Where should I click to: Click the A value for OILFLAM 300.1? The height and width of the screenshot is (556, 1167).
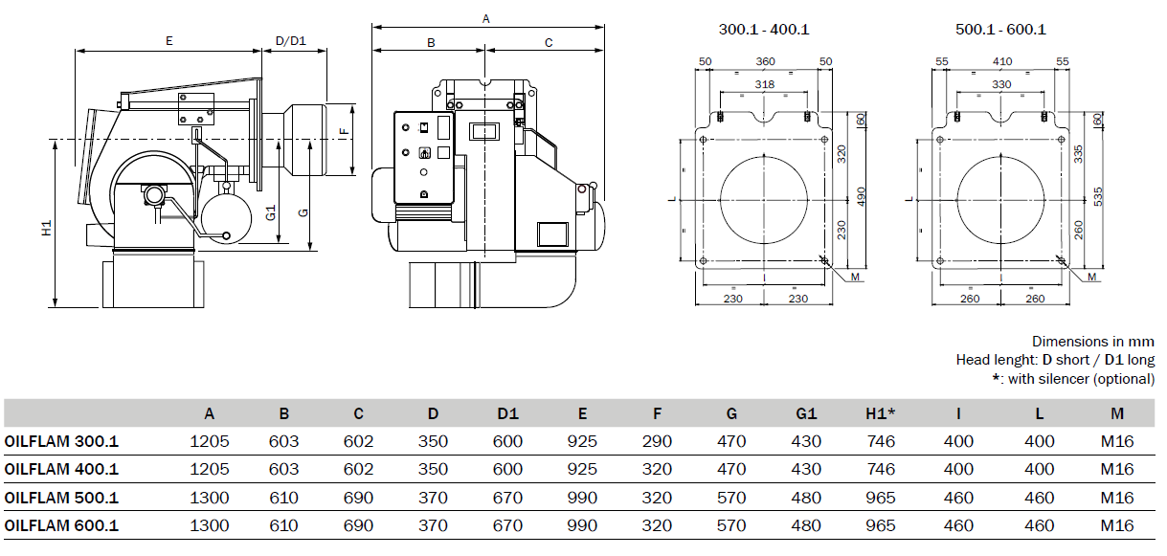pyautogui.click(x=210, y=441)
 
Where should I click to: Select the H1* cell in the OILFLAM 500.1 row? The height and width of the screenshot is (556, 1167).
pyautogui.click(x=881, y=498)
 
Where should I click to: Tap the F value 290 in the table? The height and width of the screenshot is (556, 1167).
pyautogui.click(x=657, y=441)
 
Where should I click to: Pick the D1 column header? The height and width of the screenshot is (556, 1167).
pyautogui.click(x=508, y=413)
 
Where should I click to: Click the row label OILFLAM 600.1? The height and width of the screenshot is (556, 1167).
pyautogui.click(x=61, y=525)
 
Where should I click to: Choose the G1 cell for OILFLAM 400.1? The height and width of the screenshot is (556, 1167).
pyautogui.click(x=806, y=469)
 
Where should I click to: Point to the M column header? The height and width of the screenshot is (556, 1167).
pyautogui.click(x=1117, y=413)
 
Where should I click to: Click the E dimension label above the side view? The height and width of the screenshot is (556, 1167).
pyautogui.click(x=168, y=40)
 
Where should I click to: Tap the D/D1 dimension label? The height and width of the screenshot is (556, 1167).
pyautogui.click(x=291, y=40)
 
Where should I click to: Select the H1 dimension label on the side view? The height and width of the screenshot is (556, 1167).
pyautogui.click(x=47, y=228)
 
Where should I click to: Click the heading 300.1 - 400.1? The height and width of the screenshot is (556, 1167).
pyautogui.click(x=764, y=29)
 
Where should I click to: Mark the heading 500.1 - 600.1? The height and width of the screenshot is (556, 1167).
pyautogui.click(x=1000, y=29)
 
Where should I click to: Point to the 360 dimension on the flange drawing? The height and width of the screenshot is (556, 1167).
pyautogui.click(x=765, y=61)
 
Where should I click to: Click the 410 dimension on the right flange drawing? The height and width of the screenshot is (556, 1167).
pyautogui.click(x=1001, y=61)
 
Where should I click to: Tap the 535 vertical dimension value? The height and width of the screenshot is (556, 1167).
pyautogui.click(x=1098, y=197)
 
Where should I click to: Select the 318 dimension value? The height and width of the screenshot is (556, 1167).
pyautogui.click(x=764, y=84)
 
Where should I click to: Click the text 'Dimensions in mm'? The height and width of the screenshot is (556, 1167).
pyautogui.click(x=1093, y=342)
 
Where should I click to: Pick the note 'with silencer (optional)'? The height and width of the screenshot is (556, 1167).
pyautogui.click(x=1081, y=379)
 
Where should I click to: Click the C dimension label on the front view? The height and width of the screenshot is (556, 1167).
pyautogui.click(x=549, y=43)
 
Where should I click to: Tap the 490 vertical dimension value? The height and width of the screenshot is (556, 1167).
pyautogui.click(x=862, y=196)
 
